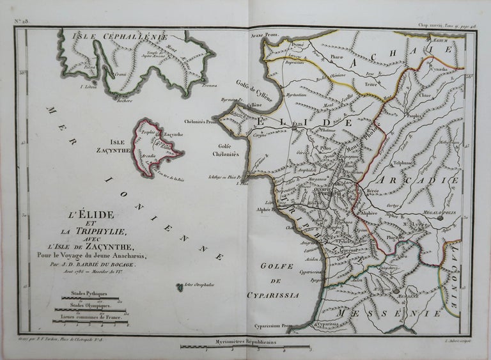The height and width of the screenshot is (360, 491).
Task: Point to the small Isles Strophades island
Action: [x=181, y=289]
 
